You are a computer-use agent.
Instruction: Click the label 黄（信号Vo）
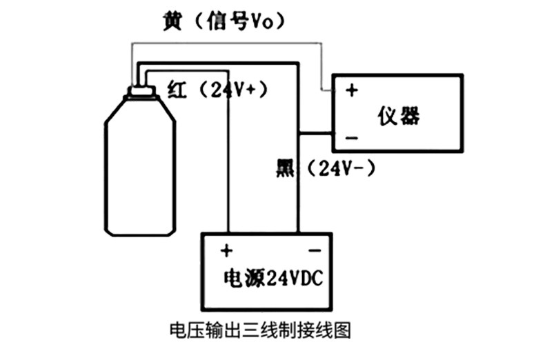pos(224,22)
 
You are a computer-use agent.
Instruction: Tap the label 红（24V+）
pos(217,90)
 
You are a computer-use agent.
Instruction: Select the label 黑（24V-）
pos(326,168)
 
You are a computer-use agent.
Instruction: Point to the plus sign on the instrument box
pos(352,90)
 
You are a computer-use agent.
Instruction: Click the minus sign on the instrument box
pos(352,139)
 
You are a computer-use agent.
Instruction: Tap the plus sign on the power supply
pos(226,250)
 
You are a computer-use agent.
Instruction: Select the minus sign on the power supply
pos(315,250)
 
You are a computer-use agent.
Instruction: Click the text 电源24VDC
pos(273,278)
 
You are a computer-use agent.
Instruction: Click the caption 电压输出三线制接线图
pos(260,330)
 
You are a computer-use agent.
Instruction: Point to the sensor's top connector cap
pos(141,92)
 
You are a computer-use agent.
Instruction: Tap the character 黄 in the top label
pos(172,22)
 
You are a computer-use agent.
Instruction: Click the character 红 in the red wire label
pos(177,90)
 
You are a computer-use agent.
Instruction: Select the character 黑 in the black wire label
pos(285,168)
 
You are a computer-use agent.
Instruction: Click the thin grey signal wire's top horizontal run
pos(226,43)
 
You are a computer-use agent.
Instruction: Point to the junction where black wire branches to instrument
pos(298,133)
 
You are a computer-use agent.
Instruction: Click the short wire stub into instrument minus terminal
pos(315,133)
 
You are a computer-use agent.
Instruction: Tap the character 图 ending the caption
pos(343,330)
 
